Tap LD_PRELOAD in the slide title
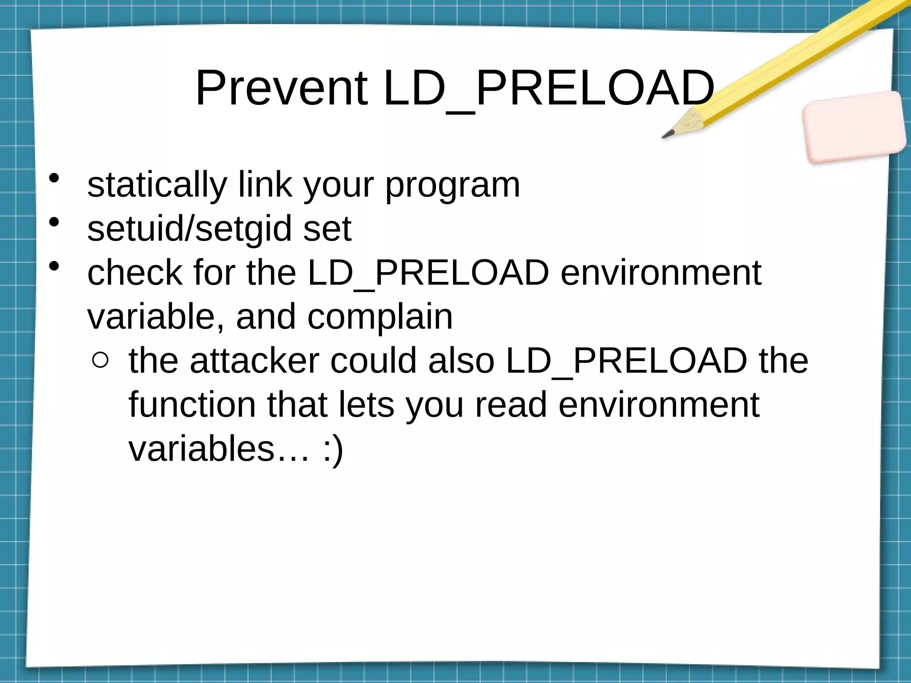pos(548,89)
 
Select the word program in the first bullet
pos(452,186)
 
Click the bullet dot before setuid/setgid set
pos(54,222)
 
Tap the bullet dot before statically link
pos(54,178)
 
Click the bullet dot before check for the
pos(54,266)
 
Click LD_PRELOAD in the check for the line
pos(428,273)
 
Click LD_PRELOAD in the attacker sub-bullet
pos(626,361)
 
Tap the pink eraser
pos(854,127)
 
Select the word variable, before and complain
pos(156,317)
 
